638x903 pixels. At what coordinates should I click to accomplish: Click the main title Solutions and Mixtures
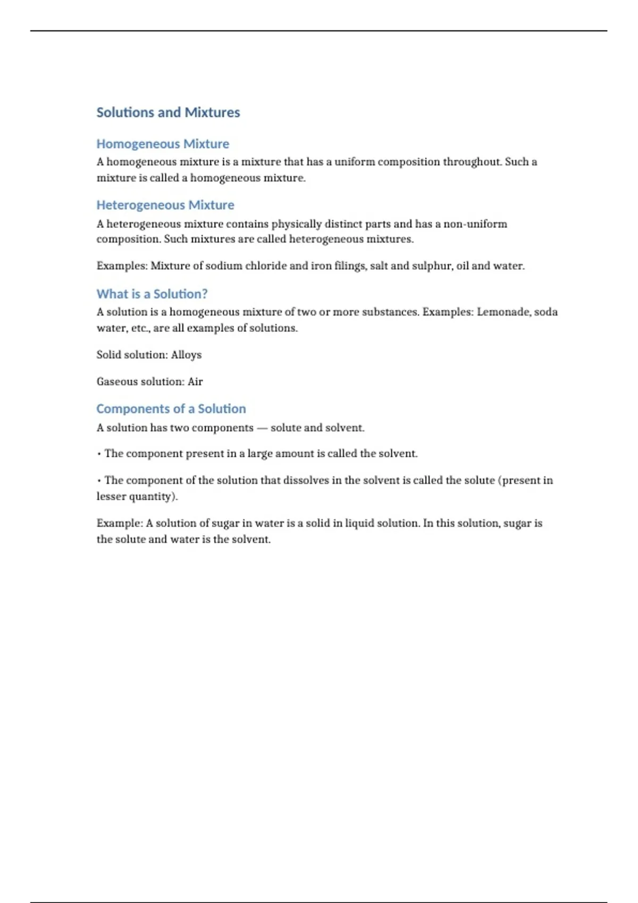click(x=168, y=113)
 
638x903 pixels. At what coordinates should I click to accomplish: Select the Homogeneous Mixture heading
click(x=163, y=144)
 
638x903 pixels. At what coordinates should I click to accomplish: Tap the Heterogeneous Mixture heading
click(x=165, y=205)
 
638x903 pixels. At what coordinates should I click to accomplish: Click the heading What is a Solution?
click(x=152, y=294)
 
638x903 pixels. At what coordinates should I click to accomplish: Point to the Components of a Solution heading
click(x=171, y=408)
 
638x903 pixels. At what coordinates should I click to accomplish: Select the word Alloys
click(x=186, y=355)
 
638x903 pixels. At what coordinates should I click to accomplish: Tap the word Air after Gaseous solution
click(x=195, y=381)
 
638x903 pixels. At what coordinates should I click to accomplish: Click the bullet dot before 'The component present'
click(x=99, y=454)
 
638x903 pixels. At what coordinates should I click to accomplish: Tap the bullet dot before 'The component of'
click(x=99, y=481)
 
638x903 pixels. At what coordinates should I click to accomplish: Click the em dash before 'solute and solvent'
click(x=262, y=428)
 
